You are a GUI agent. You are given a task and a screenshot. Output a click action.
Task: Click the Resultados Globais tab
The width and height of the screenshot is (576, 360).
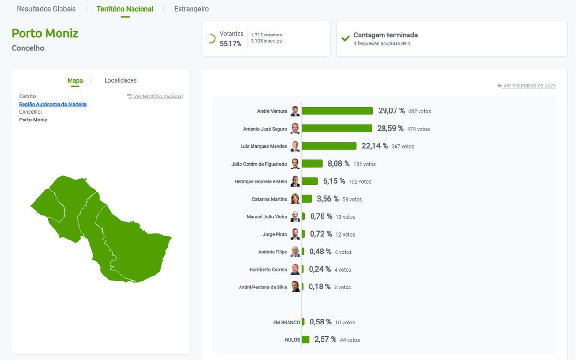click(46, 9)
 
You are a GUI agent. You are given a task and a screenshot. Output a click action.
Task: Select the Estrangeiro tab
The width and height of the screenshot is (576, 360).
click(192, 9)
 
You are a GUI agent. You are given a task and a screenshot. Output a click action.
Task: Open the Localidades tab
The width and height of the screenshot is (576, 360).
click(120, 80)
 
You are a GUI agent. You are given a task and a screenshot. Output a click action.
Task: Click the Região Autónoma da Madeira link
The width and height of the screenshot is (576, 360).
click(53, 104)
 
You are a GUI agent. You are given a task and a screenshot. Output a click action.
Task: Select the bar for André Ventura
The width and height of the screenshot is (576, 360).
click(337, 111)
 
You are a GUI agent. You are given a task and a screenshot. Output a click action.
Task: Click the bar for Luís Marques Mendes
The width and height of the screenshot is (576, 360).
click(329, 146)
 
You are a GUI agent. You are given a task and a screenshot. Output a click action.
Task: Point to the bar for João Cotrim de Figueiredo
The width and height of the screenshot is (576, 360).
click(312, 164)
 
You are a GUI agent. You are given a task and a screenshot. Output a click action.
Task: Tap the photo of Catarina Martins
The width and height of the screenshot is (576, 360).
click(295, 199)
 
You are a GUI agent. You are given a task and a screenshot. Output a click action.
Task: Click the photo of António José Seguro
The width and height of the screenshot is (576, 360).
click(295, 129)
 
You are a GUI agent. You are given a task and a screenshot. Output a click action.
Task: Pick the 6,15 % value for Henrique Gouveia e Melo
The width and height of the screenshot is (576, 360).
click(334, 181)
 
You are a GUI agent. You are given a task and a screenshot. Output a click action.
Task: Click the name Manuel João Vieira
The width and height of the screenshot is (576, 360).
click(266, 217)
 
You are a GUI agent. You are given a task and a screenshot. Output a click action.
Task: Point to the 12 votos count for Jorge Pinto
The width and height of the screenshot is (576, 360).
click(346, 235)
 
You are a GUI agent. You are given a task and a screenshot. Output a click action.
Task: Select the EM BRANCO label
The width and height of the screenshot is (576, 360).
click(286, 323)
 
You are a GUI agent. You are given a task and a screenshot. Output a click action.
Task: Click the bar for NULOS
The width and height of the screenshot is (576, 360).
click(305, 339)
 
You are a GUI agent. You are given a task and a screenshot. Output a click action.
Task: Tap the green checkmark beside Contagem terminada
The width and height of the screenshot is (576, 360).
click(345, 38)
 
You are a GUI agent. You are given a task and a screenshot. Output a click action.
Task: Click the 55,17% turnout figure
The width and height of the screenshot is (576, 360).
click(230, 44)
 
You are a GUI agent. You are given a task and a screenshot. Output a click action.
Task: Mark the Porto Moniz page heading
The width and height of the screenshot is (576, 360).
click(45, 33)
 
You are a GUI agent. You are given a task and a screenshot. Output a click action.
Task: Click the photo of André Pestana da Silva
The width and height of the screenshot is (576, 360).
click(295, 287)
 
